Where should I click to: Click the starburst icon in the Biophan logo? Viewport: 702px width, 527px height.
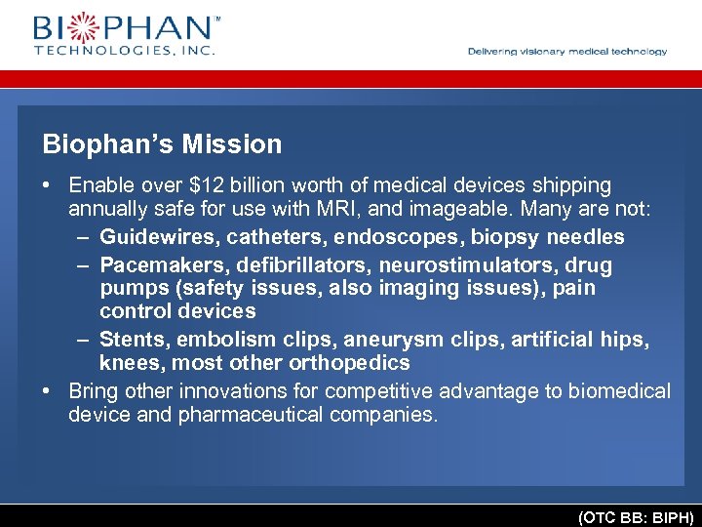click(x=82, y=26)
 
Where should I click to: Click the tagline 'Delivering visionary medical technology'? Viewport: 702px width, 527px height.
click(x=567, y=52)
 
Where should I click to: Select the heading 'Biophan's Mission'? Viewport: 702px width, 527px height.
click(x=162, y=144)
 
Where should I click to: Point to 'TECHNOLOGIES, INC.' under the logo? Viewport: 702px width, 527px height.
click(x=124, y=49)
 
